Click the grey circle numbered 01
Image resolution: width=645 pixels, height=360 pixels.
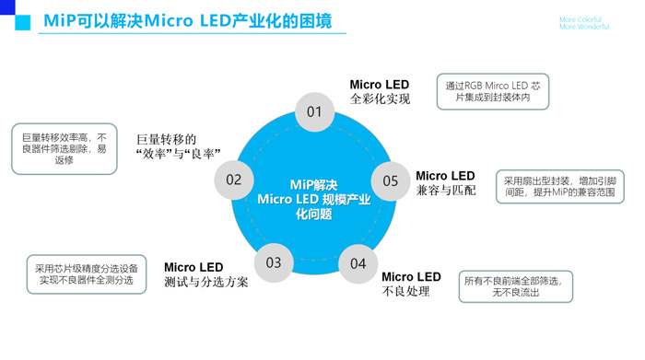315,112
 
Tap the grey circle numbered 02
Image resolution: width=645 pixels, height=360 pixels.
233,180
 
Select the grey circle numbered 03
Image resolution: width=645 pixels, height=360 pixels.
274,263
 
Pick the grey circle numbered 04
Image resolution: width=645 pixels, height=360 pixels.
358,264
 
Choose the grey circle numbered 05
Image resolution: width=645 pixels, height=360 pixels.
391,180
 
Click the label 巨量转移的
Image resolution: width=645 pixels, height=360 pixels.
167,138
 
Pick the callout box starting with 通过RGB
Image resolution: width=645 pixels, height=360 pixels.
492,91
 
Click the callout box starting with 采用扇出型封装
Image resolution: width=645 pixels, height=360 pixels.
559,187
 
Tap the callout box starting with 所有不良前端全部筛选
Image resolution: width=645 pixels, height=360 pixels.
515,286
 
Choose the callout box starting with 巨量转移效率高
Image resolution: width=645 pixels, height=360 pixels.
64,147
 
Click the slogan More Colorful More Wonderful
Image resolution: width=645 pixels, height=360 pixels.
583,23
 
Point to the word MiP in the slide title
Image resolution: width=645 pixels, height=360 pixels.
61,21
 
